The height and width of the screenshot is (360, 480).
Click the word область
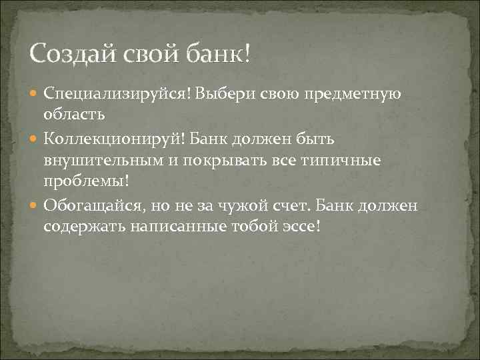click(x=74, y=115)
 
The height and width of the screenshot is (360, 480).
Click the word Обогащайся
click(x=91, y=205)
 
